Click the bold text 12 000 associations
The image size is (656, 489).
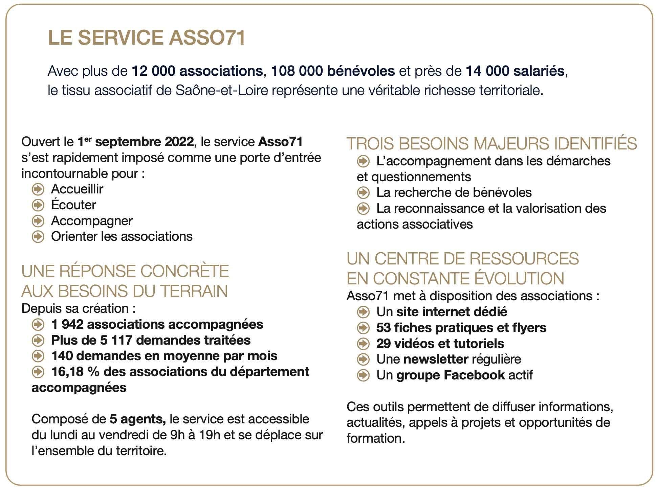point(197,71)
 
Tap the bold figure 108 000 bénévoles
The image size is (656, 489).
point(333,71)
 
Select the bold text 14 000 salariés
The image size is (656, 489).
point(515,71)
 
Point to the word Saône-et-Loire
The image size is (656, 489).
point(222,91)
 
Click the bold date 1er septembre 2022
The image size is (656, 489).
point(135,142)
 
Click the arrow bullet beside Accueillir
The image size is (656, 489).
point(38,189)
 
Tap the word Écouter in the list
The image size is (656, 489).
point(73,205)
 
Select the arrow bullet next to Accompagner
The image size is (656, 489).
point(38,221)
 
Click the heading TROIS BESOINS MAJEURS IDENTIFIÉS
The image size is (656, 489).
point(491,144)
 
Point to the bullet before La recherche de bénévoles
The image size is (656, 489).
point(363,193)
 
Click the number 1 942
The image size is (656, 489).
point(67,324)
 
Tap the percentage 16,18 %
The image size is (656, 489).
point(75,372)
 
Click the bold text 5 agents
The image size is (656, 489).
point(137,419)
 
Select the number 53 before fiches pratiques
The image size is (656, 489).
point(383,328)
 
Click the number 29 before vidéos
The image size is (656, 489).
point(383,344)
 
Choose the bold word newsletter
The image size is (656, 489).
point(436,359)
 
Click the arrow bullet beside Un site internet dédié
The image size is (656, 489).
point(363,312)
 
